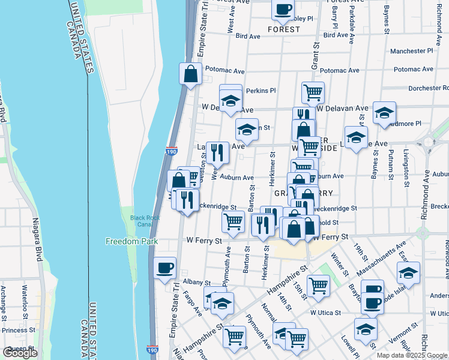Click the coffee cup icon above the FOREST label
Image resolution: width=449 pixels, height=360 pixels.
[x=283, y=9]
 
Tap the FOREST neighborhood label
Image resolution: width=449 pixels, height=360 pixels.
[x=284, y=29]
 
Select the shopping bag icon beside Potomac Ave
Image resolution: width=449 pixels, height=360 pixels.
[x=190, y=74]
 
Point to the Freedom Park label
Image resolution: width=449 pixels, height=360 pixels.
[x=131, y=241]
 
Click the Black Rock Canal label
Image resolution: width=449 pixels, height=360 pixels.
[x=137, y=220]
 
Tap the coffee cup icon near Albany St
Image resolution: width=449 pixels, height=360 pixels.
[x=164, y=268]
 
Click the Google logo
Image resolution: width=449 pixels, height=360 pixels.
[x=20, y=353]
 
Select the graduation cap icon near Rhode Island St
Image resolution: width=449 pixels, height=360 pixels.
[x=408, y=273]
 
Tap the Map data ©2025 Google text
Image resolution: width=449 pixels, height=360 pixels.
[x=411, y=355]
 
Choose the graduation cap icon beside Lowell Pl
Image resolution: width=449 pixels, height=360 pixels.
[x=366, y=328]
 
